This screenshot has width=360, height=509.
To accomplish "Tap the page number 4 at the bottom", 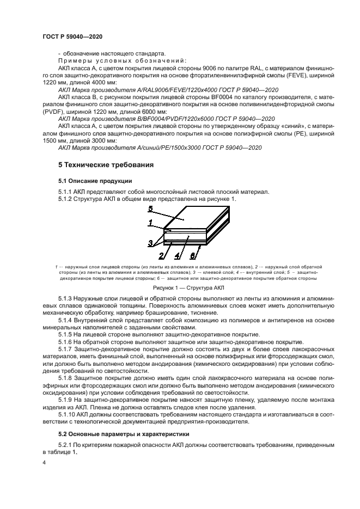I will click(x=44, y=462).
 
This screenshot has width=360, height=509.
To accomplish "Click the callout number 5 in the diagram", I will click(x=150, y=209).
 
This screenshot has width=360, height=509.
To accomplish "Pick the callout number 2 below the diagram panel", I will click(x=161, y=256).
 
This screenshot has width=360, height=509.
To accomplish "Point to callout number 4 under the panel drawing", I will click(x=178, y=256).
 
